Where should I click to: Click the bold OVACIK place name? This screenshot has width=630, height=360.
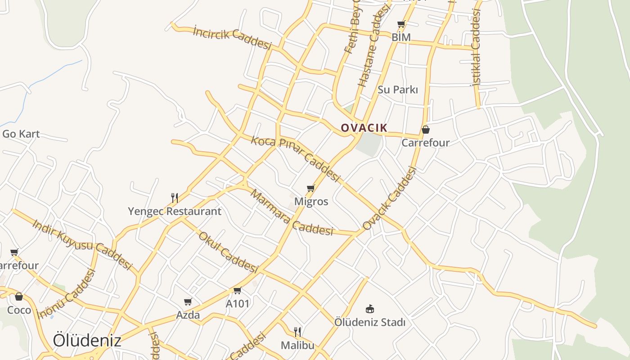pyautogui.click(x=364, y=128)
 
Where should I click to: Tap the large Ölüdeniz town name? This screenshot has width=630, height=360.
pyautogui.click(x=87, y=340)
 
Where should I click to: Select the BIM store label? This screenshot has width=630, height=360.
pyautogui.click(x=401, y=37)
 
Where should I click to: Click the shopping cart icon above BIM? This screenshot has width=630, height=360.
pyautogui.click(x=401, y=24)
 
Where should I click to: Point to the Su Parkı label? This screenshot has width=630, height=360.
pyautogui.click(x=398, y=90)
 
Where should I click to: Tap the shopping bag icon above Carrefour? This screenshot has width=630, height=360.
pyautogui.click(x=425, y=130)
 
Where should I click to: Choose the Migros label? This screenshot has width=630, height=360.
pyautogui.click(x=311, y=202)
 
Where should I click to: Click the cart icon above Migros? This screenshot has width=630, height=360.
pyautogui.click(x=310, y=188)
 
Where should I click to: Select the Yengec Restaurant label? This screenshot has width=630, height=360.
pyautogui.click(x=175, y=211)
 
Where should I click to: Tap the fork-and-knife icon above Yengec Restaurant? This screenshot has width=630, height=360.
pyautogui.click(x=175, y=198)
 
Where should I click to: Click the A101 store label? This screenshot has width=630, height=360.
pyautogui.click(x=237, y=304)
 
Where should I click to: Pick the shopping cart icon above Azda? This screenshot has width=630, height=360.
pyautogui.click(x=188, y=301)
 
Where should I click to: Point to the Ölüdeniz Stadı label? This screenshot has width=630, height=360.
pyautogui.click(x=370, y=322)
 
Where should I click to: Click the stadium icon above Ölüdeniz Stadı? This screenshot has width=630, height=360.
pyautogui.click(x=370, y=309)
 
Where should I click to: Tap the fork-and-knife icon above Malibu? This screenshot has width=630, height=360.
pyautogui.click(x=297, y=332)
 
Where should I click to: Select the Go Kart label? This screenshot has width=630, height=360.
pyautogui.click(x=21, y=134)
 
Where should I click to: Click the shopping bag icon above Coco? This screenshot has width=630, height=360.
pyautogui.click(x=19, y=297)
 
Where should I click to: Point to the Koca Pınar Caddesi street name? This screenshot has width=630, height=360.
pyautogui.click(x=295, y=159)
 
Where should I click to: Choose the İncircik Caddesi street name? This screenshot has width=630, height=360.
pyautogui.click(x=232, y=37)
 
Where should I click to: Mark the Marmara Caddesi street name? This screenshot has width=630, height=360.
pyautogui.click(x=292, y=213)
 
